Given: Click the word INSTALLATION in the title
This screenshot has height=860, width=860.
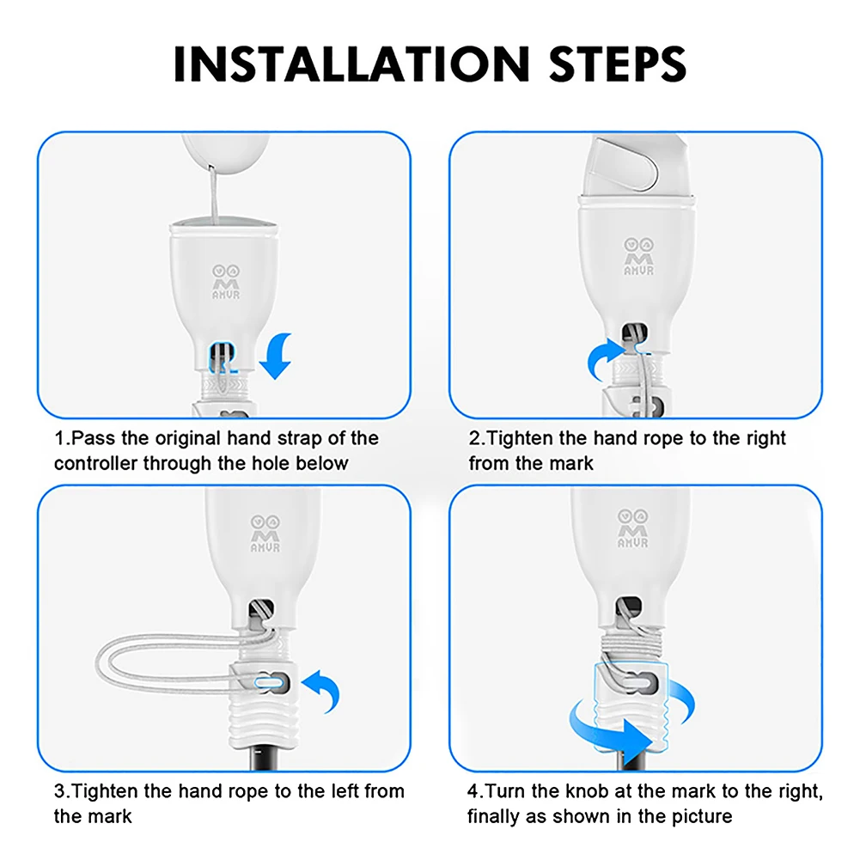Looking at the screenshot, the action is pos(351,64).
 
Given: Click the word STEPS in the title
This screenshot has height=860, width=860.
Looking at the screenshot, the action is pos(618,64).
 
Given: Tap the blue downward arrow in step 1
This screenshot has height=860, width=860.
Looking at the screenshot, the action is pos(277,357).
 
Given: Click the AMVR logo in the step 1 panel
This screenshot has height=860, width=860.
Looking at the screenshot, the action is pos(226,282).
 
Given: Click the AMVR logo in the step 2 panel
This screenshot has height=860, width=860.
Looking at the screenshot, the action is pos(638,256).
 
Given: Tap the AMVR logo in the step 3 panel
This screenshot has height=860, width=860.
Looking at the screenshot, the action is pos(265,534).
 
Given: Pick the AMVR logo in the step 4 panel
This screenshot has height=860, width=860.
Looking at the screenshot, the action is pos(633,528).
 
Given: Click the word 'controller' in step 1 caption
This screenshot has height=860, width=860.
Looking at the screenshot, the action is pos(96,463).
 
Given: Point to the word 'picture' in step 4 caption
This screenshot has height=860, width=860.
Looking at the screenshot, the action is pos(700,817).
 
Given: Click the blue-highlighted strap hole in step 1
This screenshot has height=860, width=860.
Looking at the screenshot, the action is pos(223,356).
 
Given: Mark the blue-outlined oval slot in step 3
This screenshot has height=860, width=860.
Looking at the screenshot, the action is pos(270,683).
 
